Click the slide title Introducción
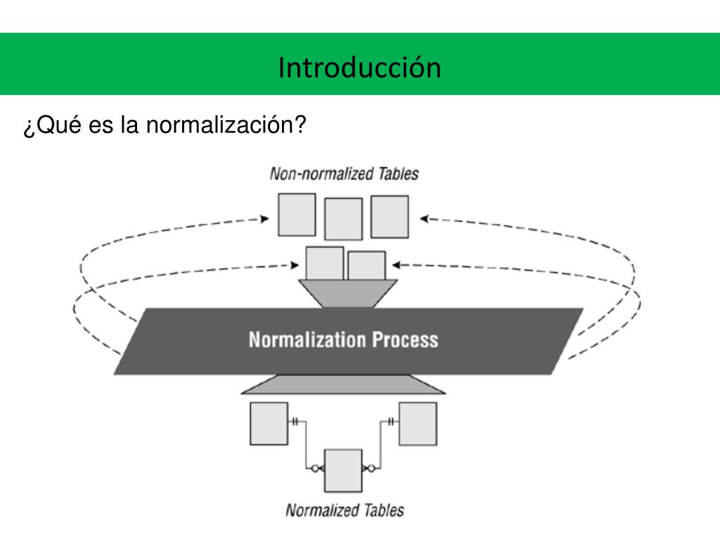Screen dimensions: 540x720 359,67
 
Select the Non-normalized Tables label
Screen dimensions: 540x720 344,174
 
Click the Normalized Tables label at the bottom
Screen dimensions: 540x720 345,510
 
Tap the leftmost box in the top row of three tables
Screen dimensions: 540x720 296,214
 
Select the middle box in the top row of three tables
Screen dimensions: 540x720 343,219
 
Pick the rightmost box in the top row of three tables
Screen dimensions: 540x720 390,216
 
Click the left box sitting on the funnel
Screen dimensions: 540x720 325,264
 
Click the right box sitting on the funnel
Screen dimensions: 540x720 366,266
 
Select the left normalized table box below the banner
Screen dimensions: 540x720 269,423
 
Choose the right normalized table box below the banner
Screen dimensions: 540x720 418,423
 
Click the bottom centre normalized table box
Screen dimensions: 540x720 343,470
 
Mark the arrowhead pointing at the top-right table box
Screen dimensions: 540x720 424,219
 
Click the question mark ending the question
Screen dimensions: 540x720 300,127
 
